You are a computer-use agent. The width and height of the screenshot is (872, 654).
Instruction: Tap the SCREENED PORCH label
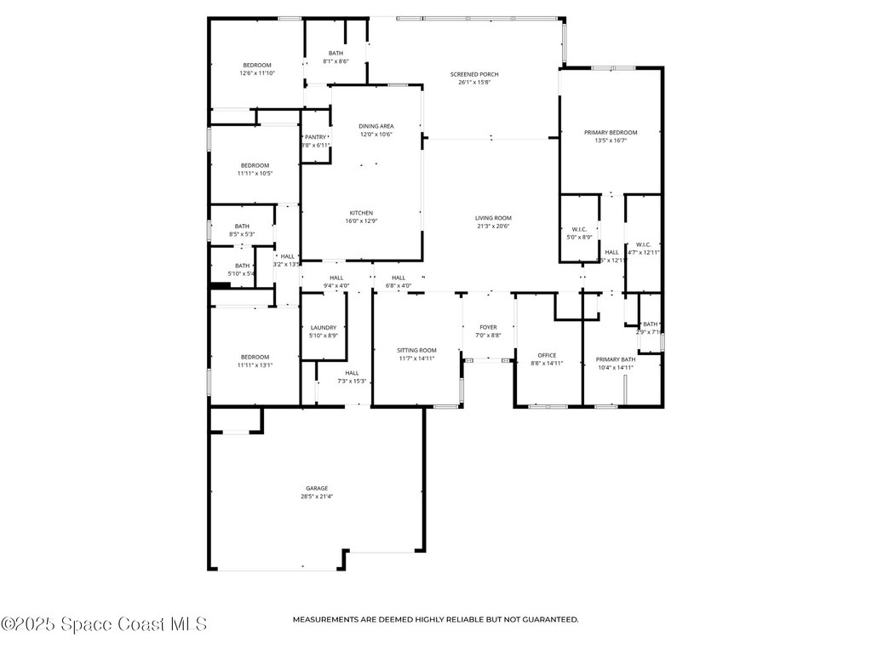click(474, 74)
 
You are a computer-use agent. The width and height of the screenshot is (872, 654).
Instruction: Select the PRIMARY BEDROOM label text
click(610, 132)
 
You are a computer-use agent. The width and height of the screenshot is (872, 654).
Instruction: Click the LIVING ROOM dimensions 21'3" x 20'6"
click(492, 227)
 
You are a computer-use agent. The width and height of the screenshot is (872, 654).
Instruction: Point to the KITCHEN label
click(361, 213)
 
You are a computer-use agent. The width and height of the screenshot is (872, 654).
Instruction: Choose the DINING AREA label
click(376, 126)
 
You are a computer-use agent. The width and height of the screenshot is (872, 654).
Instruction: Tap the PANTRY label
click(315, 137)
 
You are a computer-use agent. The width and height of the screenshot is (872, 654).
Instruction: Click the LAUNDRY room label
click(323, 327)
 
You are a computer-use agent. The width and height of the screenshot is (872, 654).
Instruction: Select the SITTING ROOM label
click(416, 350)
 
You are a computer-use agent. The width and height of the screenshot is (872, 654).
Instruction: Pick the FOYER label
click(488, 327)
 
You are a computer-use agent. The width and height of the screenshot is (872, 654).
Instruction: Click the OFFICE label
click(546, 355)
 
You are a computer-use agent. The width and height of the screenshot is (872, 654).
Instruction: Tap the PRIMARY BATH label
click(615, 359)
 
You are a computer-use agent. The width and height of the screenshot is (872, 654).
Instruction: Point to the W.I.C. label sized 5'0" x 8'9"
click(579, 229)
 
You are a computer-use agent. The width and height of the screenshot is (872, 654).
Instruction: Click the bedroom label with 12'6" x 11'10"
click(256, 66)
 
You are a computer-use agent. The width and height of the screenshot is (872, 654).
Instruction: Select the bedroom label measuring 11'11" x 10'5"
click(254, 165)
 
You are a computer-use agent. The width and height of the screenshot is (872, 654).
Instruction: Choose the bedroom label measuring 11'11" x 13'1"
click(254, 357)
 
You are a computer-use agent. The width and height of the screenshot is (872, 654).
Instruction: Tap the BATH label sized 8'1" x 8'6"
click(336, 53)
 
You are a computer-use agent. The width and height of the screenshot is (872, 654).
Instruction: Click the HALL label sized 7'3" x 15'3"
click(352, 373)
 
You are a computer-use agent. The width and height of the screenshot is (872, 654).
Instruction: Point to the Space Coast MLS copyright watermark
click(104, 624)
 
